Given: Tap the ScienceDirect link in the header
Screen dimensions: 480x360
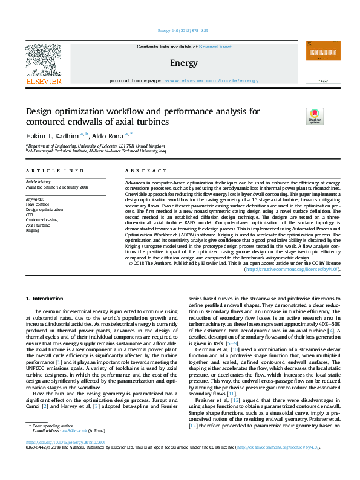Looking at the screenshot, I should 215,47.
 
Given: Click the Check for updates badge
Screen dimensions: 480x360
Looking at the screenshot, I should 315,116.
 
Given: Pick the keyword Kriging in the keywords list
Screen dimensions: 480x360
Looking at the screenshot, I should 33,230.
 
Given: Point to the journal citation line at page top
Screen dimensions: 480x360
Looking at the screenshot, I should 182,30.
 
